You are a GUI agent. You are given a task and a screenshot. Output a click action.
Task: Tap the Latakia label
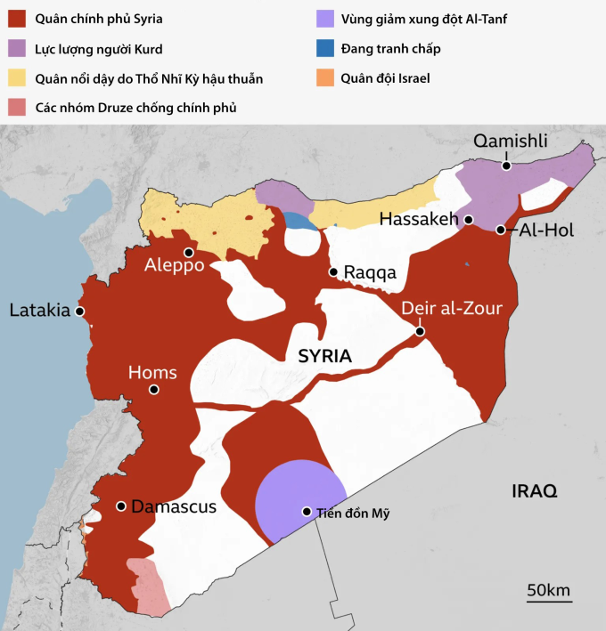(x=39, y=311)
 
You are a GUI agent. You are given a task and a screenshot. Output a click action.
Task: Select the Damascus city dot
(x=120, y=506)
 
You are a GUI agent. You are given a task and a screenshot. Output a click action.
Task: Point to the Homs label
(x=152, y=373)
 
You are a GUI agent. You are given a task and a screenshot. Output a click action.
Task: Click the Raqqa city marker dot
(x=333, y=271)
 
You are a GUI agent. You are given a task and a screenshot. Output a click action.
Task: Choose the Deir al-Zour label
(x=452, y=309)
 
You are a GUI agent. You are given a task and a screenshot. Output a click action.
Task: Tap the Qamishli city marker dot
(x=505, y=164)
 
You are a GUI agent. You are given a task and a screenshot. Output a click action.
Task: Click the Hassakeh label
(x=418, y=219)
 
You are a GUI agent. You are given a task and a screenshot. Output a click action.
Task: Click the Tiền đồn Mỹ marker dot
(x=307, y=512)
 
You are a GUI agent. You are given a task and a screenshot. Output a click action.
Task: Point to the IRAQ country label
(x=534, y=491)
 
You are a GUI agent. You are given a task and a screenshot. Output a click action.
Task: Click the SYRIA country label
(x=324, y=356)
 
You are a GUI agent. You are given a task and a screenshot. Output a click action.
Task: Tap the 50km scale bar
(x=548, y=601)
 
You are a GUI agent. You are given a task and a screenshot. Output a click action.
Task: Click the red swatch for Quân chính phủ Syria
(x=17, y=18)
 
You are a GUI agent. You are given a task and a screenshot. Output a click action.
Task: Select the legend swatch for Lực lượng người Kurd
(x=17, y=48)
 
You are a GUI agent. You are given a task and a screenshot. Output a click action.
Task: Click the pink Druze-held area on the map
(x=148, y=587)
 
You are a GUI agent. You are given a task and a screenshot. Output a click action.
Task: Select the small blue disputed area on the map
(x=302, y=222)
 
